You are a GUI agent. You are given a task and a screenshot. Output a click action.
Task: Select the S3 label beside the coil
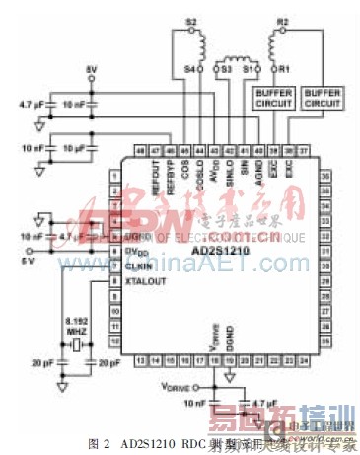pos(224,70)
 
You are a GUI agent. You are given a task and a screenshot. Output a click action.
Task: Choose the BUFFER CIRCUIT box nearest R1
pos(269,97)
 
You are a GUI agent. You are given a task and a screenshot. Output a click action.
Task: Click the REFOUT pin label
pos(157,172)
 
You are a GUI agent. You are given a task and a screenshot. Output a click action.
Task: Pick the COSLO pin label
pos(200,171)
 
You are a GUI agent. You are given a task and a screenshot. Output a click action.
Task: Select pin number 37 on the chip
pos(304,149)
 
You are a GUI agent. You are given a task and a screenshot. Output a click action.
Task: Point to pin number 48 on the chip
pos(142,149)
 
